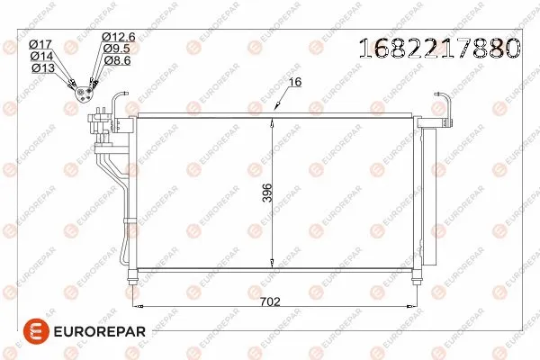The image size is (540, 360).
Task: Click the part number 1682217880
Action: tap(439, 48)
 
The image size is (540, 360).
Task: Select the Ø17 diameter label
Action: tap(40, 44)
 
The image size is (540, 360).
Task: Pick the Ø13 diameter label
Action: tap(43, 67)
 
